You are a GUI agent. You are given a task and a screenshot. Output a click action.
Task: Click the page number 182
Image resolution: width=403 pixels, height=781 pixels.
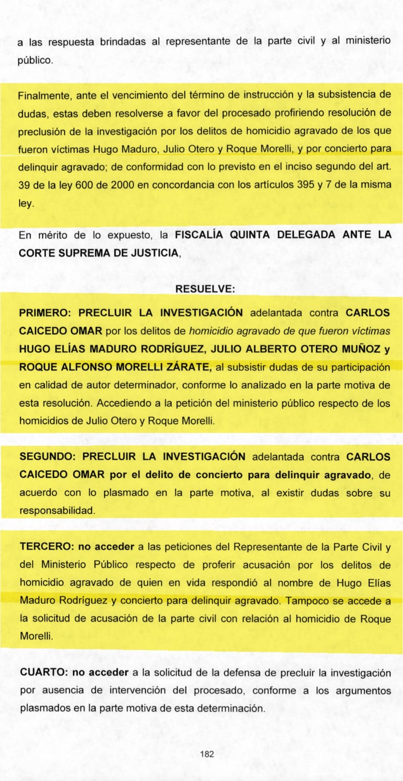coord(207,754)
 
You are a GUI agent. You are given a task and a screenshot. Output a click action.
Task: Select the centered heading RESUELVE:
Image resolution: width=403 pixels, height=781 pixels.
coord(205,289)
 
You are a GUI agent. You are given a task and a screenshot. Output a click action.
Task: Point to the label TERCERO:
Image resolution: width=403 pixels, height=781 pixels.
coord(47,547)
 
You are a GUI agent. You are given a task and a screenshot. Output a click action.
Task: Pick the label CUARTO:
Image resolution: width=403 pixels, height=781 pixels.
coord(43,673)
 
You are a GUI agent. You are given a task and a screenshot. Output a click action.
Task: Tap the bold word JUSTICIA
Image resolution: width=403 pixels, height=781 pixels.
coord(153,253)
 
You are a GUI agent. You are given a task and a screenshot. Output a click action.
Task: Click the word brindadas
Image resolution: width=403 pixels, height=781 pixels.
coord(123,42)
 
